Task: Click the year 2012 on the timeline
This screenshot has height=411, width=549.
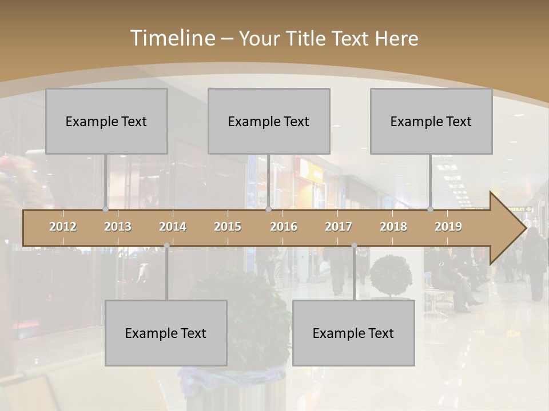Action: [63, 227]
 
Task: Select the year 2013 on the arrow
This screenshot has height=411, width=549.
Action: [118, 227]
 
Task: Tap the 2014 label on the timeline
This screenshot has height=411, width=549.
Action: [173, 227]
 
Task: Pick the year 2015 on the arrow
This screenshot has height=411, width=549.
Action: [228, 227]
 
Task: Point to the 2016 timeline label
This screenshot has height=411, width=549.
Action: [284, 227]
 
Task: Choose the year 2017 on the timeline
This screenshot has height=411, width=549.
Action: [339, 227]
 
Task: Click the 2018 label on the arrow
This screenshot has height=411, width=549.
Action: [393, 227]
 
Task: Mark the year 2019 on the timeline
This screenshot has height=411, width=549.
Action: [448, 227]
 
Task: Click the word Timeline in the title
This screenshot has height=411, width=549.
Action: [172, 38]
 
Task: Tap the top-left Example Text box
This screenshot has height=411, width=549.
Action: [106, 121]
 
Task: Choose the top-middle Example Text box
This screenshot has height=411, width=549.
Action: [269, 121]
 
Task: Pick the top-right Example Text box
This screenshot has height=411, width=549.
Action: [431, 121]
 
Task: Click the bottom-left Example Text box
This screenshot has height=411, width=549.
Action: [166, 333]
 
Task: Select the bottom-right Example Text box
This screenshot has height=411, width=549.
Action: [353, 333]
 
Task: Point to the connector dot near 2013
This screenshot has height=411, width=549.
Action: [105, 209]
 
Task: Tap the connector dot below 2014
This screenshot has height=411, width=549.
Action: [166, 245]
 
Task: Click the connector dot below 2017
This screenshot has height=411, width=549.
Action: [354, 245]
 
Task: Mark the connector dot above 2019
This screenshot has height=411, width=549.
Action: [431, 209]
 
